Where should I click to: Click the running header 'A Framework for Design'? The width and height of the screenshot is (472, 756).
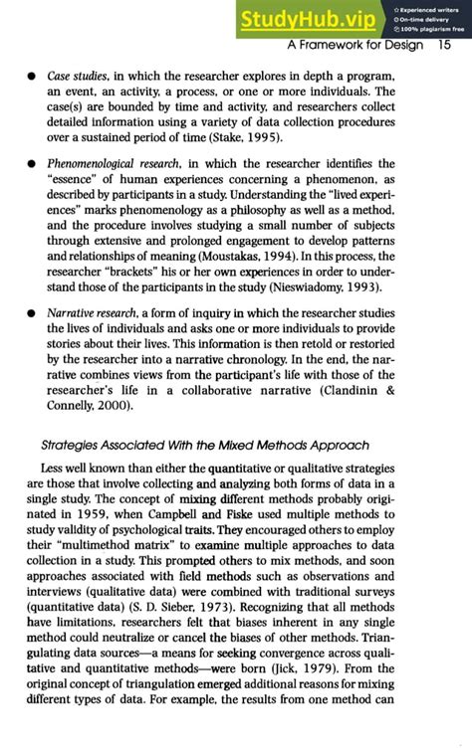click(x=354, y=46)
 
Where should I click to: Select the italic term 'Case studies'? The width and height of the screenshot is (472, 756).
click(x=80, y=77)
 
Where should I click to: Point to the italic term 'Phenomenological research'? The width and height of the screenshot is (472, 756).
click(x=122, y=162)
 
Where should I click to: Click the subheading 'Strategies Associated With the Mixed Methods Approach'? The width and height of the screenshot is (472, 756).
click(x=205, y=444)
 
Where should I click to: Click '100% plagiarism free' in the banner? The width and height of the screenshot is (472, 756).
click(x=426, y=30)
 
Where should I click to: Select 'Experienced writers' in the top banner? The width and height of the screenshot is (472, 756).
click(x=428, y=8)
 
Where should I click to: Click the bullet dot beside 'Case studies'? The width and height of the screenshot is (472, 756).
click(x=32, y=78)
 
